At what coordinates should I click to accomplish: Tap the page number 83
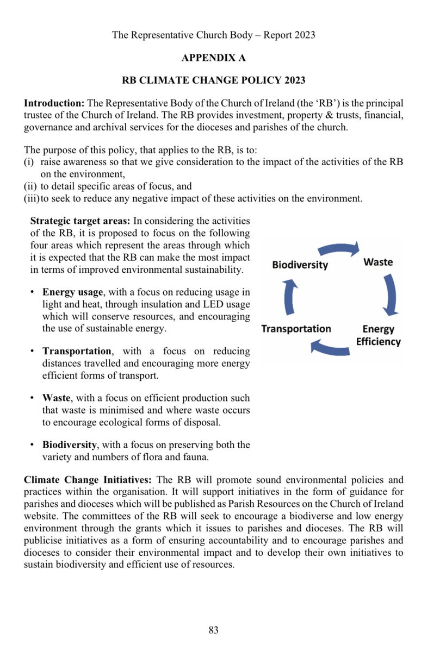(213, 630)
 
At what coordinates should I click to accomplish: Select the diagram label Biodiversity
(300, 265)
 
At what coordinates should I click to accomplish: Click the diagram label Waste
(377, 262)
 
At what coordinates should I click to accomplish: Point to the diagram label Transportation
(296, 329)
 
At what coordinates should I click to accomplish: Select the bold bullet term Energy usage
(72, 292)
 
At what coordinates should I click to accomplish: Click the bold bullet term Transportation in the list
(77, 352)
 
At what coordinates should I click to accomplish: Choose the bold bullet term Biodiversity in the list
(70, 445)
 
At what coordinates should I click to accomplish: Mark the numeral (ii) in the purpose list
(30, 186)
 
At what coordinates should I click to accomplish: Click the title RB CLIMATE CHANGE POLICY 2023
(213, 80)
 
